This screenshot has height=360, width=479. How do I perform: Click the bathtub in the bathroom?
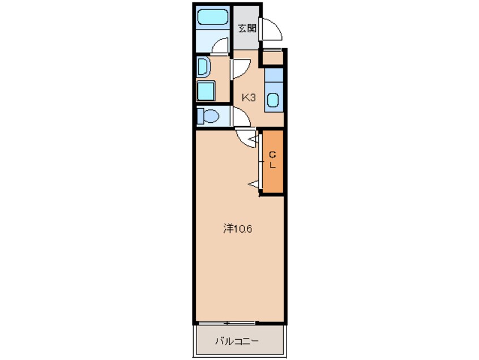pos(212,18)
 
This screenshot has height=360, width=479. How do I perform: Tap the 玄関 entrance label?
pos(246,28)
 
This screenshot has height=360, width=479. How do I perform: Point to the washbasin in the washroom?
pos(203,67)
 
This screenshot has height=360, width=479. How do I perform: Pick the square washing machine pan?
pos(206,91)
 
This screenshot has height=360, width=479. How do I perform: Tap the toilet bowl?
pos(209,117)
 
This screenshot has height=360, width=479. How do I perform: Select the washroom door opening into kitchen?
pos(239,67)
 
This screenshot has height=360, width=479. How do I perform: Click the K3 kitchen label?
pos(249,97)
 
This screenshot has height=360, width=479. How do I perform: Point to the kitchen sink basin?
pos(273,100)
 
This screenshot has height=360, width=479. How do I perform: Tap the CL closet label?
pos(272,160)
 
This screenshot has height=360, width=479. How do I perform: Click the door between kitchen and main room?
pos(246,136)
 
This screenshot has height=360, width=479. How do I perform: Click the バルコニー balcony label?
pos(237,341)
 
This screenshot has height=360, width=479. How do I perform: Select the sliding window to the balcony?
pos(226,323)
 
